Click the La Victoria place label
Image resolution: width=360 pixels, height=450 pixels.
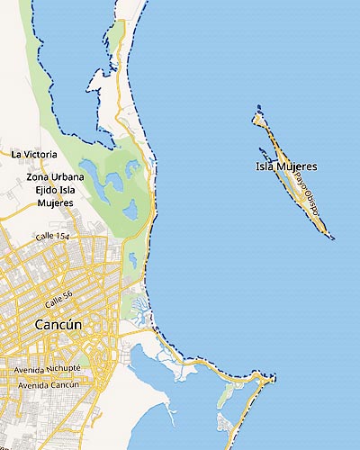click(x=33, y=154)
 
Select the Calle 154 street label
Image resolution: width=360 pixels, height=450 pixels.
click(x=52, y=236)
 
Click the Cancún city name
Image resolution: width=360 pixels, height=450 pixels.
click(x=58, y=324)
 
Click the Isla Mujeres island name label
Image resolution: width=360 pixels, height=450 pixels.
click(x=286, y=166)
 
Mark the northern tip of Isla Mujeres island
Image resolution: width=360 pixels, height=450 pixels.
click(x=258, y=107)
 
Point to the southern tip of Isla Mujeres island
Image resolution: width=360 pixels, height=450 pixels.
click(x=331, y=238)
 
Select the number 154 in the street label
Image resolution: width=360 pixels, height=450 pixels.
click(x=62, y=235)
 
